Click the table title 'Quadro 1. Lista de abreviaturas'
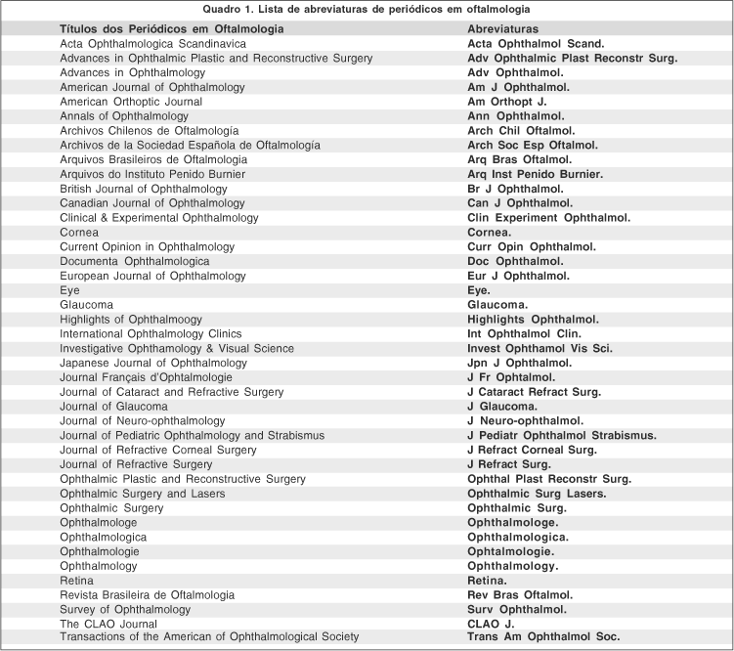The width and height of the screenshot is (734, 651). click(x=367, y=10)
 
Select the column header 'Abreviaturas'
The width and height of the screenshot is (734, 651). click(x=502, y=29)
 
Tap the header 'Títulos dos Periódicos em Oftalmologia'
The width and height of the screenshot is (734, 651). click(x=172, y=29)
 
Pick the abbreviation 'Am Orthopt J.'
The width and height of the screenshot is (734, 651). click(x=507, y=102)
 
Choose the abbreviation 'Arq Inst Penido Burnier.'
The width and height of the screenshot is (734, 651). click(x=536, y=174)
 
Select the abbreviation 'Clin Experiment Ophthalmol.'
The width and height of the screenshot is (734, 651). click(x=549, y=217)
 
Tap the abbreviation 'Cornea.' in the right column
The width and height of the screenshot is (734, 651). click(x=490, y=232)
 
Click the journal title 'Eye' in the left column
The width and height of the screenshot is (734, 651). click(x=70, y=290)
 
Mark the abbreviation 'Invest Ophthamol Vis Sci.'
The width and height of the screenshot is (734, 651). click(x=541, y=348)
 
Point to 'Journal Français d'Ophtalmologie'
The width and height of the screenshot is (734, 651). click(x=147, y=377)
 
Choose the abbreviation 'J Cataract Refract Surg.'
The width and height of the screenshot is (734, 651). click(x=535, y=392)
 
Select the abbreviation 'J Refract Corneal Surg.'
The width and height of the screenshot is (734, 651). click(x=532, y=450)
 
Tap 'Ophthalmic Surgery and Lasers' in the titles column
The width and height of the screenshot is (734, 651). click(x=137, y=494)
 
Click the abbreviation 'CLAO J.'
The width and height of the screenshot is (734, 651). click(x=491, y=624)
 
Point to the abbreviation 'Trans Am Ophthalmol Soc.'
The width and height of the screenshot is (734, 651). click(x=543, y=637)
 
